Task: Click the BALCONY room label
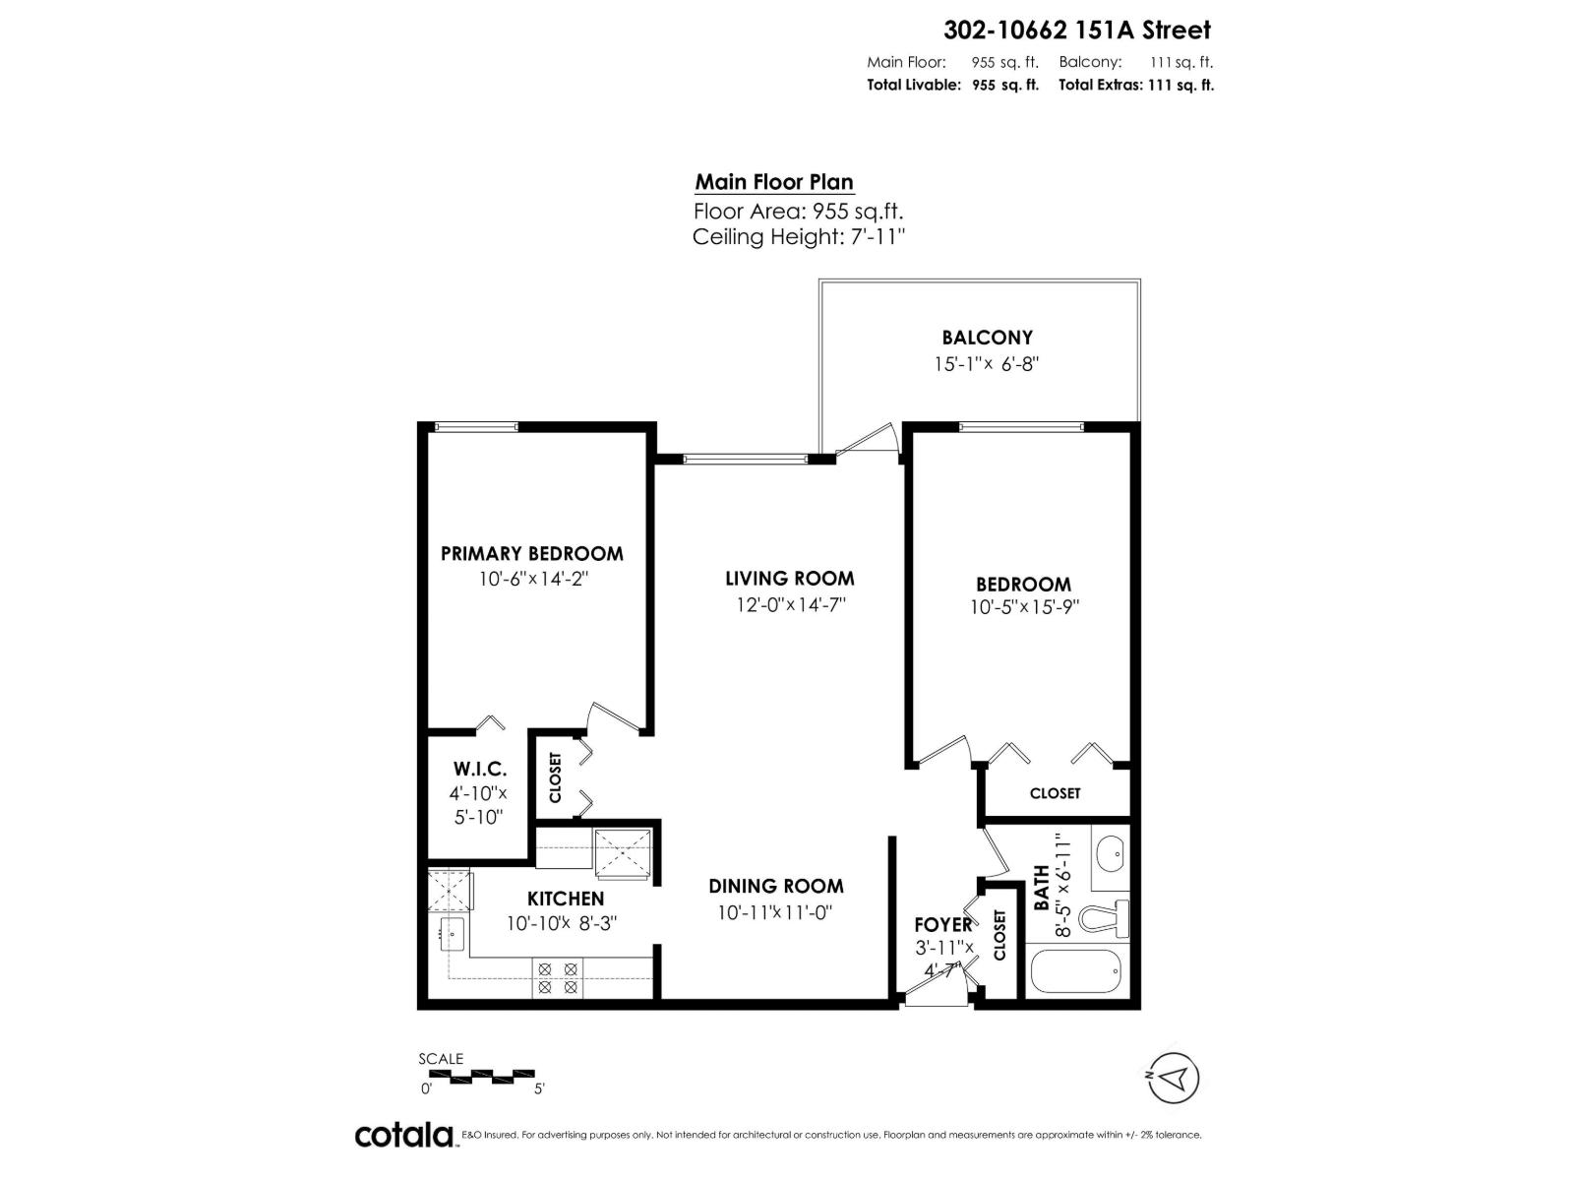point(987,338)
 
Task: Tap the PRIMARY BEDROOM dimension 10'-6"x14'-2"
point(533,580)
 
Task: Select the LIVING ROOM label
point(789,579)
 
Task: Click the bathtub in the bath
point(1074,971)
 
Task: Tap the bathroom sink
point(1111,852)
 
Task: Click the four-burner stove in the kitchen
point(556,977)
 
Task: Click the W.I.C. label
point(480,769)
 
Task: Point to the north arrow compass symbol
point(1173,1078)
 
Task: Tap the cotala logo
point(404,1135)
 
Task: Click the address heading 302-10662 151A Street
point(1077,31)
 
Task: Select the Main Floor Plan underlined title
point(774,182)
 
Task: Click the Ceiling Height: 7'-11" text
point(798,237)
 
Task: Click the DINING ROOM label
point(775,886)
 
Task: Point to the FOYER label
point(942,925)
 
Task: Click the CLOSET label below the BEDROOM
point(1055,793)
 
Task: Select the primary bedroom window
point(476,426)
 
